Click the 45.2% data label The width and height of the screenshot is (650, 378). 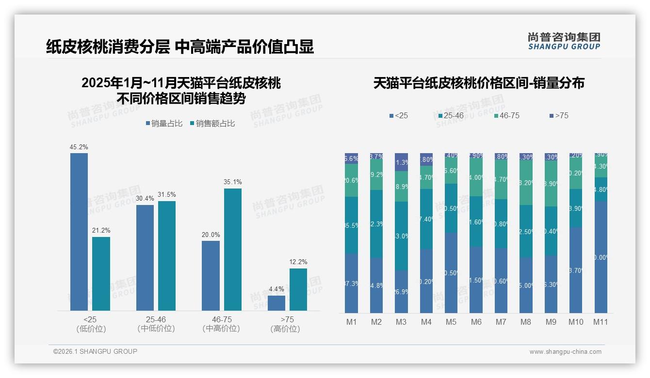[x=79, y=147]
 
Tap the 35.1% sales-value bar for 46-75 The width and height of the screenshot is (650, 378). [x=232, y=249]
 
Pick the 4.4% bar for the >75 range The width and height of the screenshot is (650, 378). [x=276, y=303]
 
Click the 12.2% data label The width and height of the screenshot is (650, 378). [x=298, y=262]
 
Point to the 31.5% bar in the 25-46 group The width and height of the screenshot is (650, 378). [x=167, y=255]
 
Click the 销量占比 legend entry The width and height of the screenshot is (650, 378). [x=164, y=124]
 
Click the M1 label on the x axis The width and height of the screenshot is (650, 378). [x=351, y=322]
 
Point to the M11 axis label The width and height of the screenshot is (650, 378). [x=601, y=322]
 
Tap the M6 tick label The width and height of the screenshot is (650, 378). [x=476, y=322]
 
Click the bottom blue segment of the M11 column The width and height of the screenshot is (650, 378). [x=601, y=257]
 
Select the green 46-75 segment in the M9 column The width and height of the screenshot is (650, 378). [x=551, y=184]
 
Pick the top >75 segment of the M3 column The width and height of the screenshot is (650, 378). [x=401, y=162]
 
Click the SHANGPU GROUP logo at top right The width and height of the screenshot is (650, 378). [x=564, y=41]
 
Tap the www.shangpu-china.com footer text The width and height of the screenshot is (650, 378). [x=565, y=352]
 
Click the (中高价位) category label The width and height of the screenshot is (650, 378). [x=221, y=329]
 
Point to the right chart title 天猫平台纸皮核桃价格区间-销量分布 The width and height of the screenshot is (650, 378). [x=479, y=83]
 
